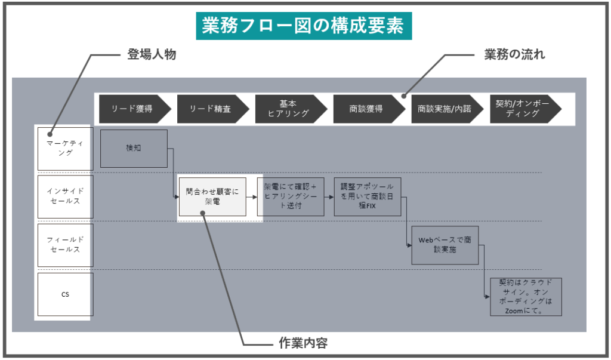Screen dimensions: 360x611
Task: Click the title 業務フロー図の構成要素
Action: (304, 26)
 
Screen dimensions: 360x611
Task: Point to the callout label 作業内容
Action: (303, 343)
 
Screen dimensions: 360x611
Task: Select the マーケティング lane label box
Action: (65, 148)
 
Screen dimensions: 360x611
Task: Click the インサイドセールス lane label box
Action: (65, 196)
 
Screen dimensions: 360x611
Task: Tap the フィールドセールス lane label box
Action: (65, 245)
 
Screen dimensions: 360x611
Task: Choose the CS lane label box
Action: (65, 294)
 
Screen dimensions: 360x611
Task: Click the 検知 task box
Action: (134, 148)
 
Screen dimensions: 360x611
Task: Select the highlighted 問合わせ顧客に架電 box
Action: (212, 196)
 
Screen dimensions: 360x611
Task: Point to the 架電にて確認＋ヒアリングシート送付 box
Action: (291, 196)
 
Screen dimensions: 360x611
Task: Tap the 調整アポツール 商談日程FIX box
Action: (367, 196)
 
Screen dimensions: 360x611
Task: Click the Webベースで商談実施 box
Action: (445, 245)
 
